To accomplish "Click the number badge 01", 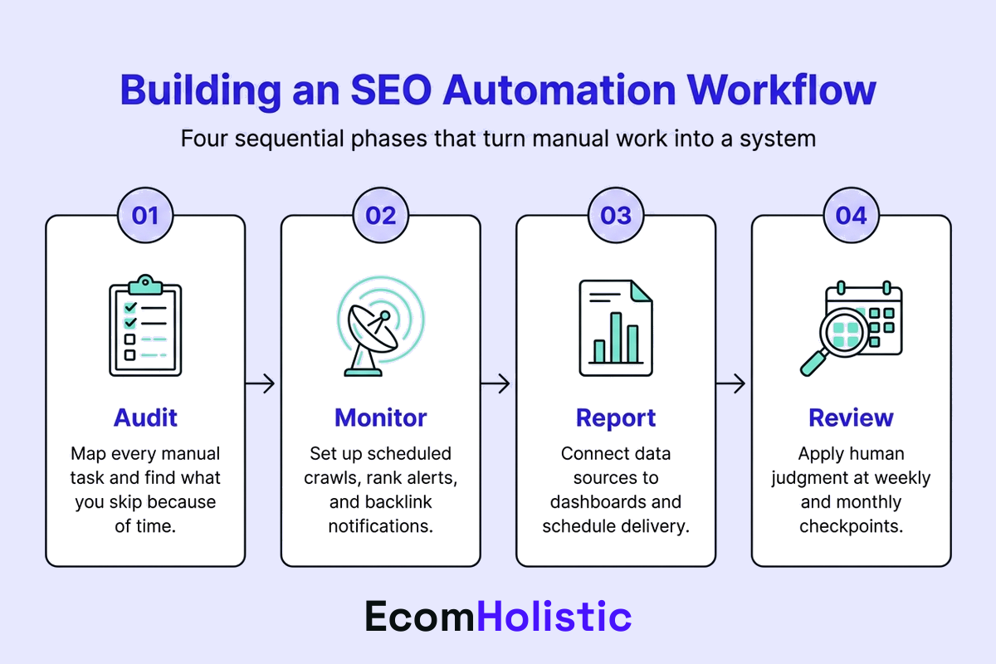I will pos(145,216).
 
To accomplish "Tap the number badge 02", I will pos(381,216).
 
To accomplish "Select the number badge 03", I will pos(616,216).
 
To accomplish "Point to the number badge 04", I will pos(852,216).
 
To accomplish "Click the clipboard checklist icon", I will pos(145,325).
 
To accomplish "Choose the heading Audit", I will pos(145,417).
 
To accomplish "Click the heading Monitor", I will pos(381,417).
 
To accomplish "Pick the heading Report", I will pos(616,417).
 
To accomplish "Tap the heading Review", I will pos(852,417).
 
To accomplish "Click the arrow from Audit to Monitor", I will pos(261,383).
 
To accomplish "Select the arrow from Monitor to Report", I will pos(496,383).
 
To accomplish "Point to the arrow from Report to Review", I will pos(731,383).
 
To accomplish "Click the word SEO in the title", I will pos(388,90).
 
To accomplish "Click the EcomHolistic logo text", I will pos(498,617).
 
